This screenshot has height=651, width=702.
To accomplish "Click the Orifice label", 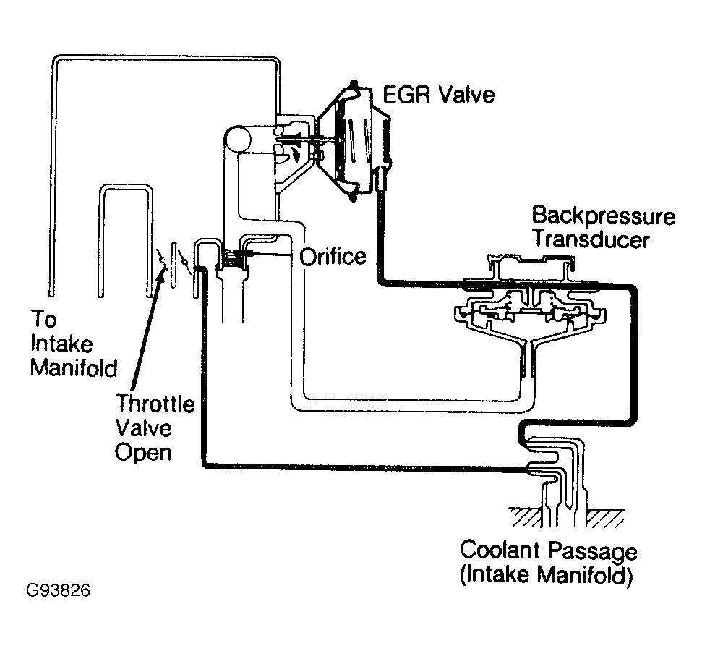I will click(333, 257).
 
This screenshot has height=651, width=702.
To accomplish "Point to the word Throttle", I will click(156, 404).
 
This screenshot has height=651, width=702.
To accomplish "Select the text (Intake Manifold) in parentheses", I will click(547, 577).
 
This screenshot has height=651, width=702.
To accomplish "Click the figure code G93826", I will click(58, 591).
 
